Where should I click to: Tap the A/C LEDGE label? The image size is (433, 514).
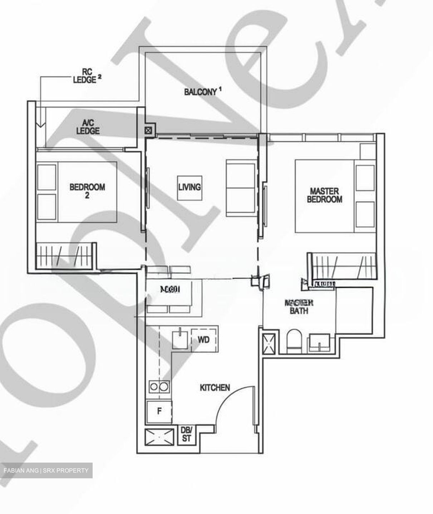(x=88, y=127)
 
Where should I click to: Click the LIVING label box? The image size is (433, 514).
(x=190, y=187)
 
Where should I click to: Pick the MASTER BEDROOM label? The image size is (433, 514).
(x=325, y=195)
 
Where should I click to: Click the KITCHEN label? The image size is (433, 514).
(x=215, y=388)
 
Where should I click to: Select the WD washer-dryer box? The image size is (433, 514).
(x=204, y=340)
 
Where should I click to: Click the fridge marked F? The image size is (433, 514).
(x=159, y=412)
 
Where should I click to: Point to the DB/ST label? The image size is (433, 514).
(x=186, y=435)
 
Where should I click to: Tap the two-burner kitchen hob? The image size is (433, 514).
(x=159, y=387)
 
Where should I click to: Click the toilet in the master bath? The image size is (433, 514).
(x=295, y=342)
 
